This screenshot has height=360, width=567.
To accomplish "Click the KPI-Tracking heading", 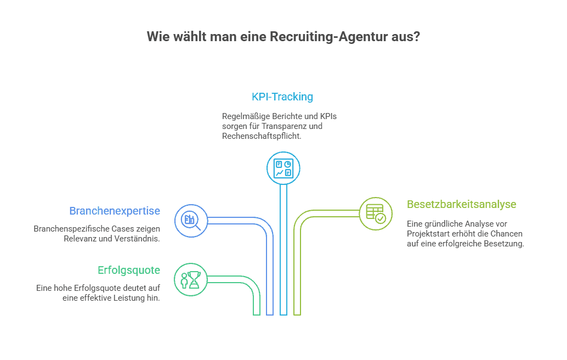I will (282, 97).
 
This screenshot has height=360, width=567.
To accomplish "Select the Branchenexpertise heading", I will (115, 211).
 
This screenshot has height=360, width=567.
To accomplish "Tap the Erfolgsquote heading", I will (129, 270).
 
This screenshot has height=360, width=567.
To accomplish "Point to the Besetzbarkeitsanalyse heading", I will (461, 204).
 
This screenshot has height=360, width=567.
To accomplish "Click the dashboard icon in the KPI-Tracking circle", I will (283, 168).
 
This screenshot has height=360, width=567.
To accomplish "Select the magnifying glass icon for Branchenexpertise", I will (191, 221).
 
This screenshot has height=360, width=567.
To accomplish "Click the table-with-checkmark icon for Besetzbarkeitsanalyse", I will (376, 213).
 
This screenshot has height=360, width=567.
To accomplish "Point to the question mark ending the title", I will (417, 37).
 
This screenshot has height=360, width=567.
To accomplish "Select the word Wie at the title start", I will (156, 37).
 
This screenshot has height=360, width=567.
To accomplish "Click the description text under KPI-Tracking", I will (280, 126).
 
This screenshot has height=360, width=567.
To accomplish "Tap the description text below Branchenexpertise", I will (97, 233).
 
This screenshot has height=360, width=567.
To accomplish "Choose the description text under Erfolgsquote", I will (98, 293).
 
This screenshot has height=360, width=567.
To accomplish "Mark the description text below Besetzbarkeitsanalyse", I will (464, 234).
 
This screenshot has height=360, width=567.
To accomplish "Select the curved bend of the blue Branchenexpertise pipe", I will (264, 226).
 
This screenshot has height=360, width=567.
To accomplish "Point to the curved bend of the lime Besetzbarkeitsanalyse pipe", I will (303, 218).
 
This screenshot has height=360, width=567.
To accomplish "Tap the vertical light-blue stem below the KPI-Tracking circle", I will (283, 247).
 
